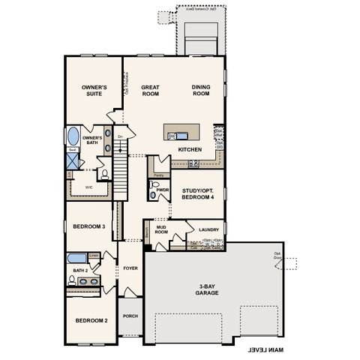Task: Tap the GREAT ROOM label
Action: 151,91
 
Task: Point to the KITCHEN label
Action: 190,150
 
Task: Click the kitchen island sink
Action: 173,136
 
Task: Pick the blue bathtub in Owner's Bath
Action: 73,137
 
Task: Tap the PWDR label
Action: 163,190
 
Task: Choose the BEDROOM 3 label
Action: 88,226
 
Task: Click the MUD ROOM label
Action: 160,230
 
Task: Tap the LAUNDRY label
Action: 207,229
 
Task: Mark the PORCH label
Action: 130,316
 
